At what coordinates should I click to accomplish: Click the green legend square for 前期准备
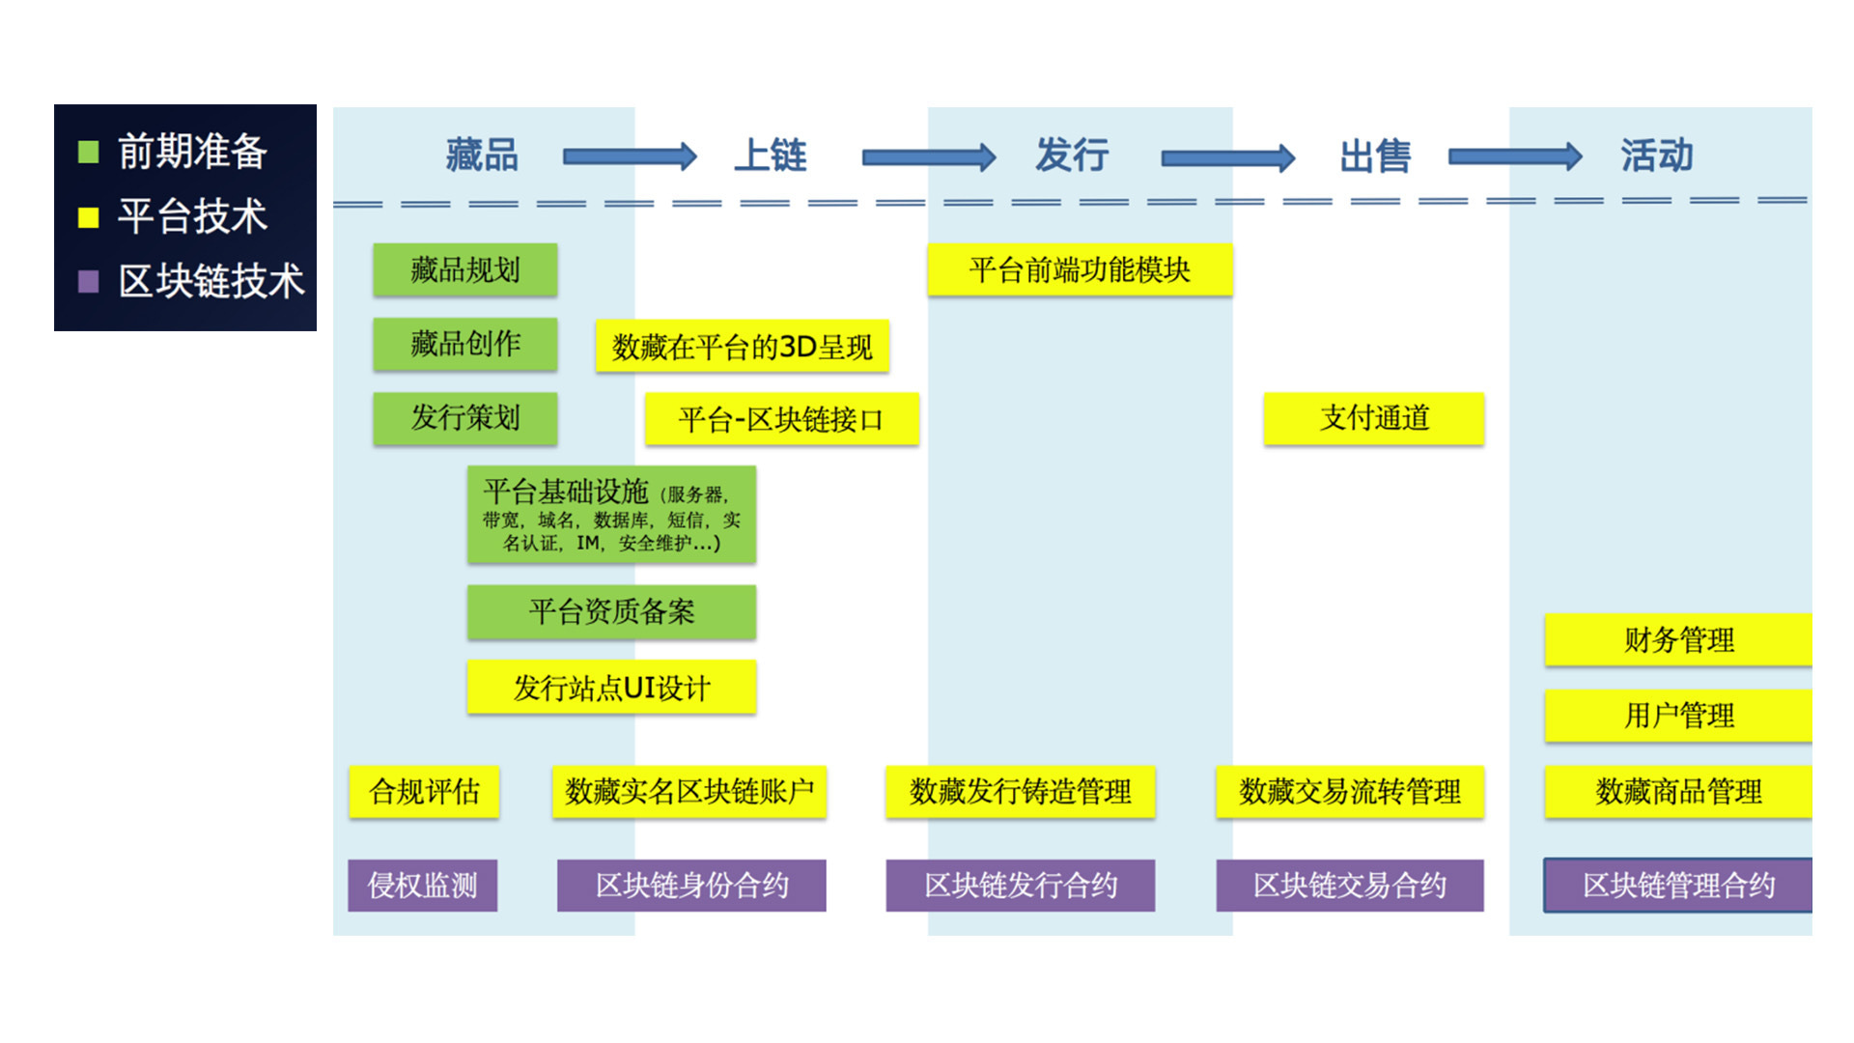(x=88, y=152)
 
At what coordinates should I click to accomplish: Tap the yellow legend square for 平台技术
(x=88, y=217)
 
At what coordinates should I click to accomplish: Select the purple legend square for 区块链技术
(x=88, y=281)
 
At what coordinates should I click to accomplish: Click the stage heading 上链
(x=770, y=155)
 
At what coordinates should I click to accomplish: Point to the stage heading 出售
(x=1375, y=155)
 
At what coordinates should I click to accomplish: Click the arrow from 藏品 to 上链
(x=629, y=156)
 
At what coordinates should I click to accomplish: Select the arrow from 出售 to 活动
(x=1514, y=156)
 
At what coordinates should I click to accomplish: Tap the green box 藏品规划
(x=464, y=269)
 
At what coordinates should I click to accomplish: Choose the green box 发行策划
(x=464, y=418)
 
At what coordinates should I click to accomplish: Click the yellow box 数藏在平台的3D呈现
(x=742, y=346)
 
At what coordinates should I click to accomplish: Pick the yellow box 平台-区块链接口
(x=781, y=419)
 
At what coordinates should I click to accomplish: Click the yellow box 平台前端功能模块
(x=1080, y=269)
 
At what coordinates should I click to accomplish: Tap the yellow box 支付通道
(x=1373, y=418)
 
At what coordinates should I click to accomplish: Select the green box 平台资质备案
(x=611, y=611)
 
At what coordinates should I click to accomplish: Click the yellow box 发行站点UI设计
(x=611, y=687)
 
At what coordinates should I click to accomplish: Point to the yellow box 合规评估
(x=424, y=792)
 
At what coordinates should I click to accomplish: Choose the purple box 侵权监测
(x=423, y=886)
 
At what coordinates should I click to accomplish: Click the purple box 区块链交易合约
(x=1349, y=886)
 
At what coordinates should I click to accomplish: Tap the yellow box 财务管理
(x=1678, y=639)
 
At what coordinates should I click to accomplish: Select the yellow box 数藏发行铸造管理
(x=1020, y=792)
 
